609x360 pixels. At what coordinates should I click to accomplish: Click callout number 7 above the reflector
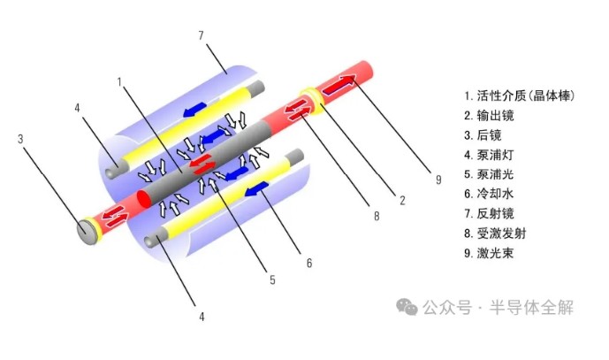coord(201,35)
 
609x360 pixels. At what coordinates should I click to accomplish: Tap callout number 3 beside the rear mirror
coord(20,139)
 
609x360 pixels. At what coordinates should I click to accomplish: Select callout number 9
coord(438,180)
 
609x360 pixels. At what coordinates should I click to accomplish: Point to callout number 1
coord(119,82)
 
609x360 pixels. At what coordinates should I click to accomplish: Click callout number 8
coord(377,216)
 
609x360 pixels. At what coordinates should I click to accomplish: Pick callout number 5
coord(272,280)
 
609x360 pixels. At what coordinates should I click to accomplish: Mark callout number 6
coord(309,264)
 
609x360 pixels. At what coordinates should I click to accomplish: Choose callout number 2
coord(402,200)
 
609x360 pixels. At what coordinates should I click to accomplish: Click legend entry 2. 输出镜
coord(489,116)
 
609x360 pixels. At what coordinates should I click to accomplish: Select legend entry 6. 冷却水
coord(489,194)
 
